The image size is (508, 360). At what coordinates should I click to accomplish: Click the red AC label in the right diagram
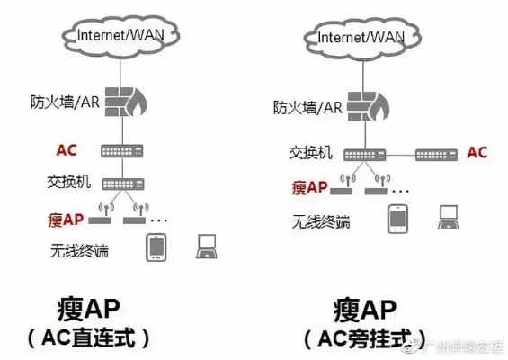click(x=477, y=152)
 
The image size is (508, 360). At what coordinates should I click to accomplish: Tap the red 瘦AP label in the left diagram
click(x=67, y=219)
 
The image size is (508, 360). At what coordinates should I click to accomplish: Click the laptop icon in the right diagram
click(x=449, y=216)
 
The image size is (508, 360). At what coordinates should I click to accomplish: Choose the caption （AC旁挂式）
click(x=359, y=338)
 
